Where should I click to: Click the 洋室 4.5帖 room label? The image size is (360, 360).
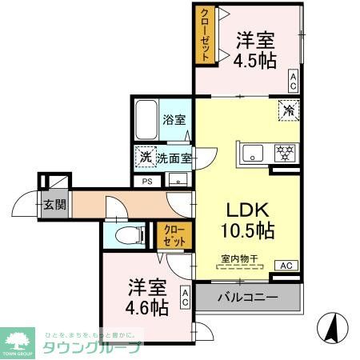point(255,50)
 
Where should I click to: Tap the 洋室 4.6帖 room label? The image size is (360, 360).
point(146,296)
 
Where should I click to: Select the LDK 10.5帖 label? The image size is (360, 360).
point(249,220)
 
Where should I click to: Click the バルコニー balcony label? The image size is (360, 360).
point(248,298)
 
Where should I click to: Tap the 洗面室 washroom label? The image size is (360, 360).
point(174,158)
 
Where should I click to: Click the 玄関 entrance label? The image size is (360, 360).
point(54,203)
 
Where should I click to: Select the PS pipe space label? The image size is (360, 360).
point(146,182)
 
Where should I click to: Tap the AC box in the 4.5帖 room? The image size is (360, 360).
point(293,81)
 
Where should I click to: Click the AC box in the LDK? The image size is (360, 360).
point(286,265)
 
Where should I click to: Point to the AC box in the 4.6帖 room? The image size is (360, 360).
point(185,298)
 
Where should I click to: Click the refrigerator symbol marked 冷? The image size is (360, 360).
point(286,110)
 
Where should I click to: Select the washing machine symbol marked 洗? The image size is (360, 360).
point(145,157)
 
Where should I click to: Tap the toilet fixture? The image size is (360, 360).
point(128,234)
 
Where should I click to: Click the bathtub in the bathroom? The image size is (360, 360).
point(146,120)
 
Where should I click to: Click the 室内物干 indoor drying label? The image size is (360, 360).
point(238,258)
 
